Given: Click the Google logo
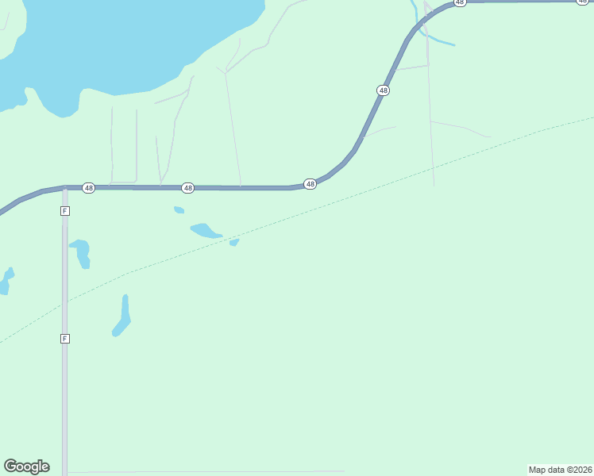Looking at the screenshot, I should point(26,466).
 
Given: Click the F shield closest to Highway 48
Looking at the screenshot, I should point(65,211).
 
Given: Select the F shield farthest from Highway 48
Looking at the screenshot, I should point(65,339).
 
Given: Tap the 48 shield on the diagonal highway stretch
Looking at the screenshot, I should point(384,90).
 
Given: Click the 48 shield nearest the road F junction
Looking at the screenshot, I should point(89,188).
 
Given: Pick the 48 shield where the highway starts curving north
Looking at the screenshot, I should point(310,184).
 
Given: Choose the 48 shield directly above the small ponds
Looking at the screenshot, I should point(188,188).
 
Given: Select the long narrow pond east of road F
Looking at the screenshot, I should point(123,316).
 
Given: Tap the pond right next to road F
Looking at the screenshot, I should point(82,251).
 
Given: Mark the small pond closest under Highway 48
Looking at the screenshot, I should point(179,210).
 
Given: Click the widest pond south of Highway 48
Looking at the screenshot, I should point(206,232).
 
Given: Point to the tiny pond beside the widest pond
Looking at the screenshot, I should point(234,242).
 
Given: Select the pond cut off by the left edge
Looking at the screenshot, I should point(5,282).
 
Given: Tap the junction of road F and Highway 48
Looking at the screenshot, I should point(65,189).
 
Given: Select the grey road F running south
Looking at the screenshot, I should point(65,397).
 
